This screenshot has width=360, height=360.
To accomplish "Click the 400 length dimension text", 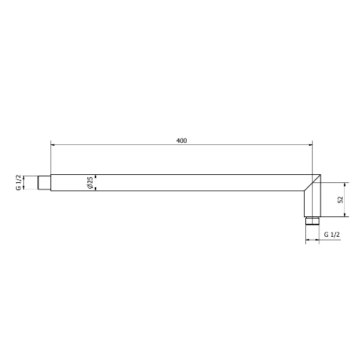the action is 181,141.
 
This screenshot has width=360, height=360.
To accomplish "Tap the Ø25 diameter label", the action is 90,183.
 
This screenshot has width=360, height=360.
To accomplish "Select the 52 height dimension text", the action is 340,200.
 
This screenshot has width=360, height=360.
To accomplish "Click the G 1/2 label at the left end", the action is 19,182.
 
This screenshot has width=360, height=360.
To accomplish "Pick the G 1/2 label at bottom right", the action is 332,235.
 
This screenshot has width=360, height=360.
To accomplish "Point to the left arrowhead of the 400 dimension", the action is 52,145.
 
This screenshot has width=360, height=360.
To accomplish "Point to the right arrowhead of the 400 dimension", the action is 310,145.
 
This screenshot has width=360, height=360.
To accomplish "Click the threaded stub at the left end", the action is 44,182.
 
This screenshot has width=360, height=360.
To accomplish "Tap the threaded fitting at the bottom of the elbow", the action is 313,221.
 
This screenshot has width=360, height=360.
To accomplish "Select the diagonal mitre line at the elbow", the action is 313,183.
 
